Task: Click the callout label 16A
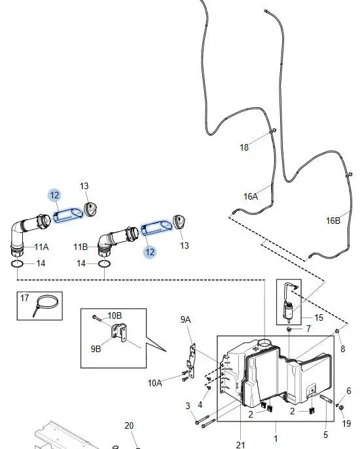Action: point(251,196)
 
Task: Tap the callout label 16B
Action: point(333,221)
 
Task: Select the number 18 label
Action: point(244,147)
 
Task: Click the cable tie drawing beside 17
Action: point(46,305)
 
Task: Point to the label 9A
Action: point(185,319)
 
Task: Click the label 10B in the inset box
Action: point(115,315)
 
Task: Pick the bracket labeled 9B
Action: point(119,332)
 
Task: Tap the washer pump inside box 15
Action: point(289,312)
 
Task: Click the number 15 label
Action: point(319,317)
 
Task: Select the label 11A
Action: point(41,247)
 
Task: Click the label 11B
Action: point(81,247)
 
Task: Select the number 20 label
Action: point(129,425)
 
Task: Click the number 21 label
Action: point(241,444)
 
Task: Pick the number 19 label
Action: point(346,423)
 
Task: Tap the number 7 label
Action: point(308,329)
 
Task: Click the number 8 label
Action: point(342,349)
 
